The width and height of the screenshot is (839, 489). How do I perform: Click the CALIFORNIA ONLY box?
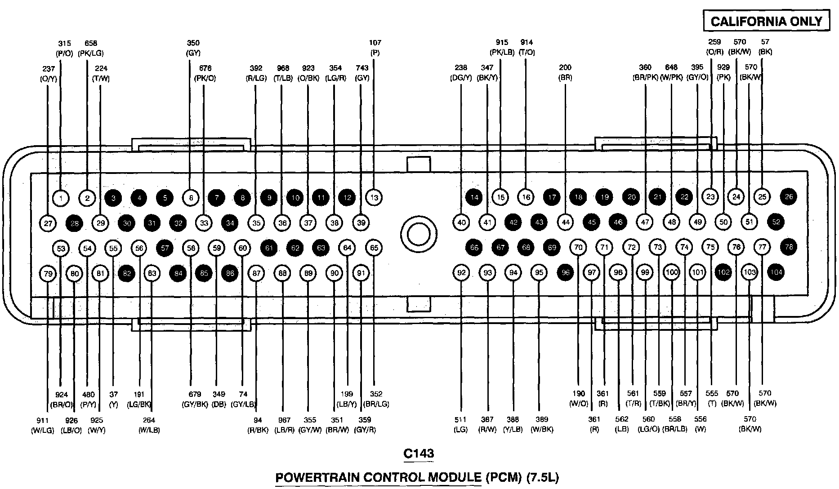(766, 21)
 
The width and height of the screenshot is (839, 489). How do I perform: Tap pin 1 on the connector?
(61, 197)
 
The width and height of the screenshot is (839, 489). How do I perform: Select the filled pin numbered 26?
(789, 196)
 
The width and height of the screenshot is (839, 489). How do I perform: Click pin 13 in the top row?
(374, 197)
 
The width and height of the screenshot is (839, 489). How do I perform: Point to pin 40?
(461, 222)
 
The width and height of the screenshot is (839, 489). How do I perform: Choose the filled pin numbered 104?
(776, 272)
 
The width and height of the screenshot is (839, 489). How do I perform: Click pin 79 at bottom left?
(48, 273)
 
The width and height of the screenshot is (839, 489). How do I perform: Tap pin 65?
(374, 248)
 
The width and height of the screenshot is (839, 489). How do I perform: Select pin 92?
(461, 272)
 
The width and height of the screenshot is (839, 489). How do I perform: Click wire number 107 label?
(375, 43)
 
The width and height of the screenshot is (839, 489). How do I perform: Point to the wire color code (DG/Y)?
(461, 77)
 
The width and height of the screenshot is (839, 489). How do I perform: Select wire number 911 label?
(42, 420)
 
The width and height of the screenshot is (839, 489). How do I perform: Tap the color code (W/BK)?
(542, 429)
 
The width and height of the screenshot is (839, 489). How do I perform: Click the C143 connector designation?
(419, 453)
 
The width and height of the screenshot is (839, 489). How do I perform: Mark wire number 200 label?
(565, 67)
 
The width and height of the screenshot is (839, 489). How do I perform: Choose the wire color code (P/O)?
(65, 53)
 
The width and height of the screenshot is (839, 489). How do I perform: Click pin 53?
(61, 249)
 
